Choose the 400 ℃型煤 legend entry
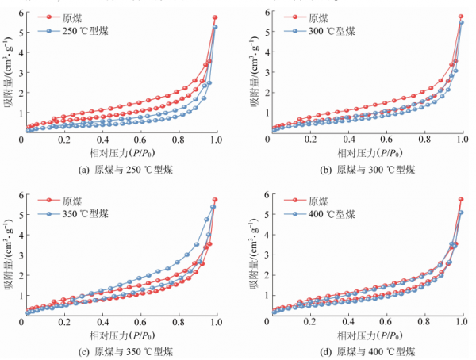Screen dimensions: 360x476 (328, 213)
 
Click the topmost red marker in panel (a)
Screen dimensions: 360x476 (215, 17)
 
